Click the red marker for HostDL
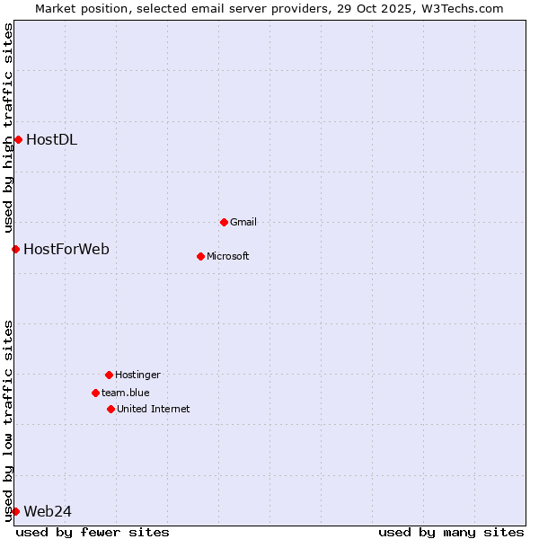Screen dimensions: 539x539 coord(18,139)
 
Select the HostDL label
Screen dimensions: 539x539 coord(51,139)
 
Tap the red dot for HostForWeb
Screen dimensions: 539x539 coord(15,249)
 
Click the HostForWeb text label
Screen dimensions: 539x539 coord(66,249)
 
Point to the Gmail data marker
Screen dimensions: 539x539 coord(224,222)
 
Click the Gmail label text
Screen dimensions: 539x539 coord(243,222)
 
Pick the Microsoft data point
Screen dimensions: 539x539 coord(200,256)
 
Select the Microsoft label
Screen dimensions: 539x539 coord(228,256)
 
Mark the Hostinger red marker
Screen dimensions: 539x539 coord(109,375)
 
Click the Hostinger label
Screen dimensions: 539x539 coord(137,375)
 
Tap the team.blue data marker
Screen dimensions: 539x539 coord(95,393)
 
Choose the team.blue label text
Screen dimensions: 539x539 coord(126,393)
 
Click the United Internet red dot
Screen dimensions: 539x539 coord(110,409)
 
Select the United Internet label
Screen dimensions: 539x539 coord(154,409)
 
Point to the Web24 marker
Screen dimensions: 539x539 coord(15,511)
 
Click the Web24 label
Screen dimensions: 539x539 coord(48,511)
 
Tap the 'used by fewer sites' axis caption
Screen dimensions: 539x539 coord(93,532)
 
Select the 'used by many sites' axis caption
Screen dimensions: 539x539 coord(451,532)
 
